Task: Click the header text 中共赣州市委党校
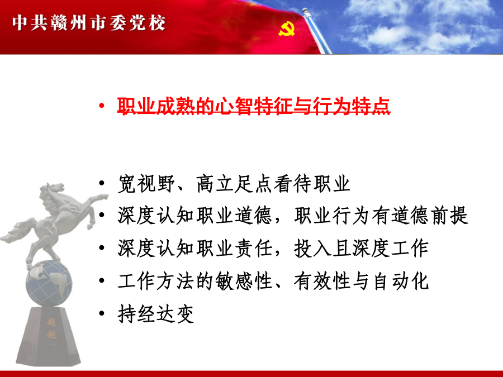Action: pos(89,23)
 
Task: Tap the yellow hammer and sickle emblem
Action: pos(287,29)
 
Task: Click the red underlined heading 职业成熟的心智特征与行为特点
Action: pos(253,106)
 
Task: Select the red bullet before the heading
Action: pos(102,106)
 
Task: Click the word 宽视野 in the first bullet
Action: pos(146,184)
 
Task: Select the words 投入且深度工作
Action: pos(361,248)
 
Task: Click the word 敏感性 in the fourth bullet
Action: pos(244,281)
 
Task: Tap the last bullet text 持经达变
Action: pos(155,313)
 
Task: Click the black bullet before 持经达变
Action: pos(102,313)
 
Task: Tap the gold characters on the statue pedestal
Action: pos(51,328)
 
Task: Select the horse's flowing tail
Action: pos(18,231)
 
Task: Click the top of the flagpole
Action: pos(305,11)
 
